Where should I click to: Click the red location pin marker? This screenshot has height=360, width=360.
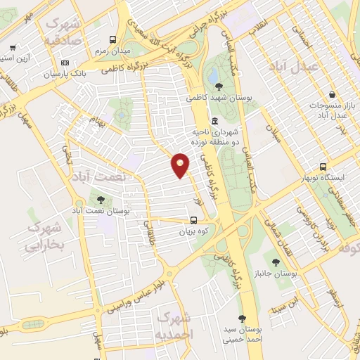coord(181,165)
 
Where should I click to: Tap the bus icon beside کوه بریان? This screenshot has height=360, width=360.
coord(193,219)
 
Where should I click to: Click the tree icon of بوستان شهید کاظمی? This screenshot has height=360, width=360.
coord(219,86)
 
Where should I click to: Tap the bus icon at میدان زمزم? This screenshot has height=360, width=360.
coord(113,40)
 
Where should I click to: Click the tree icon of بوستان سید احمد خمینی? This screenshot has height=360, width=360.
coord(242,318)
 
